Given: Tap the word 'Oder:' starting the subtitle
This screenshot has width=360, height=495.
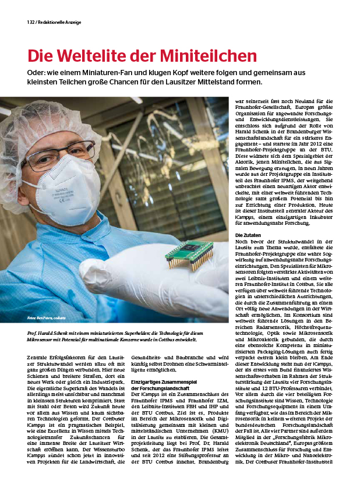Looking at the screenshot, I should tap(38, 72).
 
